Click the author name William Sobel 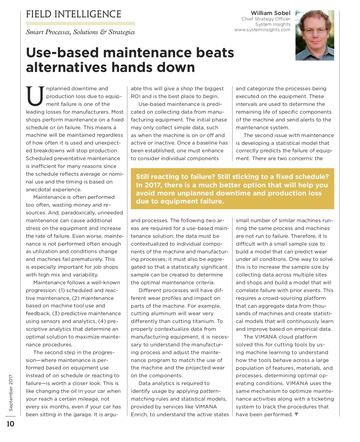coord(270,13)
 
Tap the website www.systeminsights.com coord(262,30)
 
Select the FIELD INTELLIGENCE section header coord(73,14)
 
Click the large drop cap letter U coord(35,97)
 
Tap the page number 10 coord(10,424)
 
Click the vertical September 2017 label coord(11,393)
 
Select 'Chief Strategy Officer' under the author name coord(266,19)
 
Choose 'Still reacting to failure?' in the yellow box coord(175,177)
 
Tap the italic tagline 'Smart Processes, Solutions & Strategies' coord(80,32)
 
